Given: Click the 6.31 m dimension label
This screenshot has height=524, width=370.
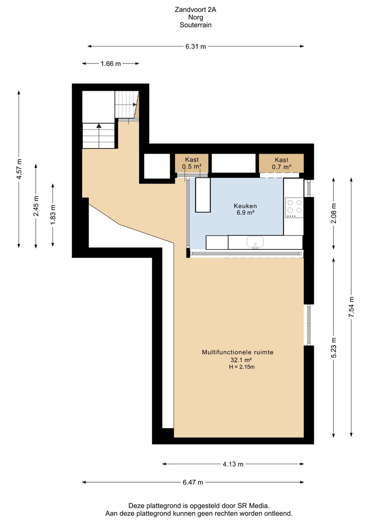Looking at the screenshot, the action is pyautogui.click(x=196, y=47).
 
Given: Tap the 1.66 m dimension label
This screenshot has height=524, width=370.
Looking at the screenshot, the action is pyautogui.click(x=110, y=64).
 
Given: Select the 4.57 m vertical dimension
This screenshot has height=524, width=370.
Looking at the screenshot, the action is pyautogui.click(x=19, y=169).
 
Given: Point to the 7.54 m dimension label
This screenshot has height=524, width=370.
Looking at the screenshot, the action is pyautogui.click(x=351, y=307).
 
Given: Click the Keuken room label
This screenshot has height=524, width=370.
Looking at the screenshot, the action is pyautogui.click(x=245, y=206).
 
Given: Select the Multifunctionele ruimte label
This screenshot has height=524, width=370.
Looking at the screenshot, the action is pyautogui.click(x=238, y=352).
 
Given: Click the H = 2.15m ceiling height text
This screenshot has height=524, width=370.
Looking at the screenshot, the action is pyautogui.click(x=242, y=367).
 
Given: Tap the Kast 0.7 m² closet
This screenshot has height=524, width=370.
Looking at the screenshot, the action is pyautogui.click(x=281, y=163).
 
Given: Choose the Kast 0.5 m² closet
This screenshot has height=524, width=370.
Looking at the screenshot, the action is pyautogui.click(x=192, y=163).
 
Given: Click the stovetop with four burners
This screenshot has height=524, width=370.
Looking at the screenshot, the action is pyautogui.click(x=294, y=207).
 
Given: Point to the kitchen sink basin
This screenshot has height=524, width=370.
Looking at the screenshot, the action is pyautogui.click(x=255, y=241).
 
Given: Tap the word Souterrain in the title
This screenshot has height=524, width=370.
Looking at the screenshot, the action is pyautogui.click(x=196, y=25).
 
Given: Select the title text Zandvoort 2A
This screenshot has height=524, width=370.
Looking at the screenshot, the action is pyautogui.click(x=196, y=9).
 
